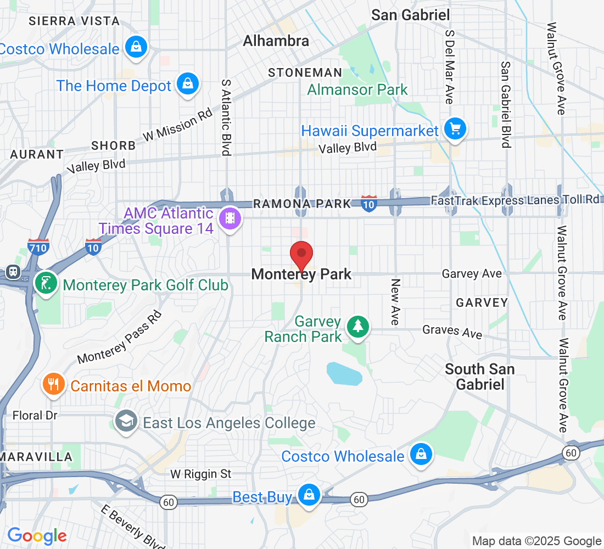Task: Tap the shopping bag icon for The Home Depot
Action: coord(188,84)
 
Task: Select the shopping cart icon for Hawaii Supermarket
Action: coord(455,130)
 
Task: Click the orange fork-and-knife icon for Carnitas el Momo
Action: coord(53,384)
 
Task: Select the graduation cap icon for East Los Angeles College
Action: coord(126,422)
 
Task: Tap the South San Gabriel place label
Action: coord(480,377)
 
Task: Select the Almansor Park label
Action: coord(357,89)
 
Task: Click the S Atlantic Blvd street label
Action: coord(226,116)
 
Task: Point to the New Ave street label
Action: coord(395,301)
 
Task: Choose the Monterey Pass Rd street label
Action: coord(120,338)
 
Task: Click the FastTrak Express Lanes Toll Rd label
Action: coord(515,200)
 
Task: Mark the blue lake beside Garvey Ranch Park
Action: coord(344,374)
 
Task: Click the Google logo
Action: coord(37,535)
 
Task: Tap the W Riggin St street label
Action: coord(200,473)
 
